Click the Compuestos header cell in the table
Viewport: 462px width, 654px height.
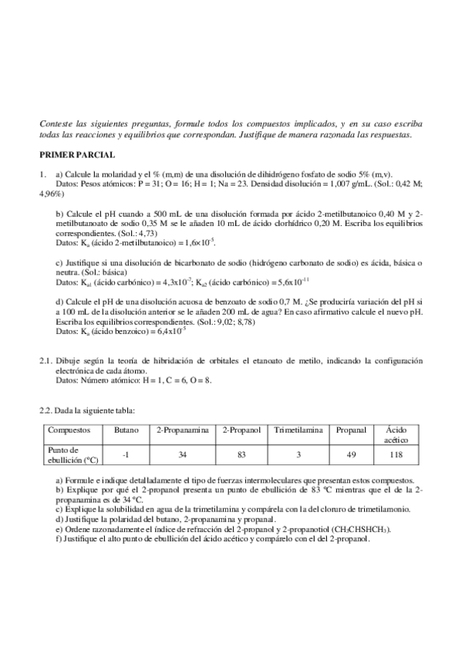(69, 430)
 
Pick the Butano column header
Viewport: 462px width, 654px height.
(126, 430)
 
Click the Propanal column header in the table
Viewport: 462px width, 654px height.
(351, 430)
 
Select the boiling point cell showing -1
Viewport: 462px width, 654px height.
(126, 455)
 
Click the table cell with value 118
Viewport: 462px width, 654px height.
(396, 455)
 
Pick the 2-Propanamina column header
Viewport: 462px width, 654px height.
(184, 430)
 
